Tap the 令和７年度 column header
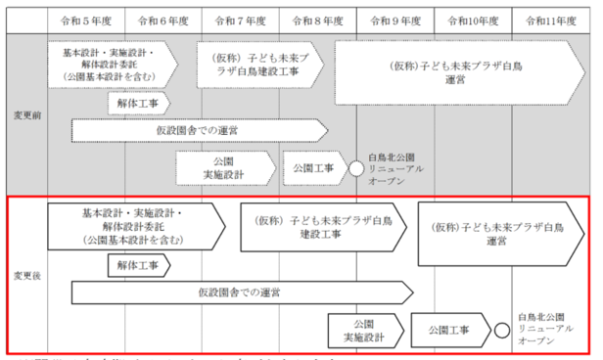pyautogui.click(x=241, y=19)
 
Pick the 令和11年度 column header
pyautogui.click(x=551, y=19)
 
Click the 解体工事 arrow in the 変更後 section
pyautogui.click(x=138, y=265)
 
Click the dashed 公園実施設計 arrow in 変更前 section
pyautogui.click(x=225, y=167)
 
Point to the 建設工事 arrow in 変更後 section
pyautogui.click(x=318, y=228)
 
